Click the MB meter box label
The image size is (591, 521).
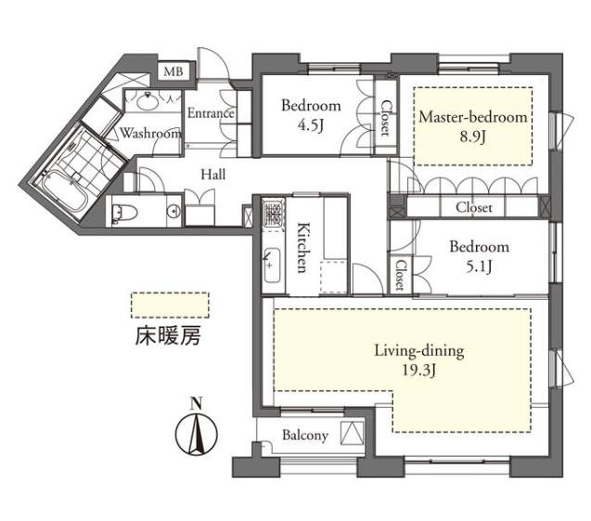(173, 71)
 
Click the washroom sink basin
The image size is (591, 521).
(148, 101)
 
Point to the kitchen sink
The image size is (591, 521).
(272, 266)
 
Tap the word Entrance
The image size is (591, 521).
(211, 112)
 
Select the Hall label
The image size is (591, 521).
(213, 175)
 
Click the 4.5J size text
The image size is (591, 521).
(311, 126)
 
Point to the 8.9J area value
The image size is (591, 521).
(472, 137)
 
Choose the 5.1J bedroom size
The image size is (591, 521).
(479, 267)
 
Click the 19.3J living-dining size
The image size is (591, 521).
(419, 371)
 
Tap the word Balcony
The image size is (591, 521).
(305, 436)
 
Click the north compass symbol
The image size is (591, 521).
(197, 429)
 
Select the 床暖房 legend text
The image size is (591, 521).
(168, 335)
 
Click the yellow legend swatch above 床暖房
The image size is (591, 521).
(170, 305)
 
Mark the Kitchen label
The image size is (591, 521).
(303, 247)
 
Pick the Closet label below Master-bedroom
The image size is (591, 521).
(474, 207)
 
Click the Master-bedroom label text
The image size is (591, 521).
(473, 117)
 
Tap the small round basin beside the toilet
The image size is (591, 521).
(174, 211)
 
